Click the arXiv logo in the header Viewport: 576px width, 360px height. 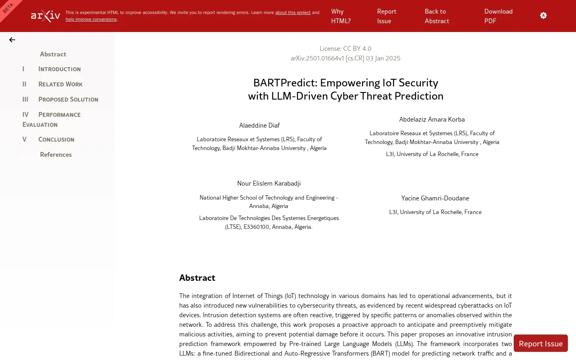[x=46, y=16]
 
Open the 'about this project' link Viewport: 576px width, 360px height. [x=292, y=13]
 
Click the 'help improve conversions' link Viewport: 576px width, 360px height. [x=91, y=20]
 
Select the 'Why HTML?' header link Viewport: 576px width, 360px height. [x=340, y=16]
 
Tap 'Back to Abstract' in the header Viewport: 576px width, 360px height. [x=436, y=16]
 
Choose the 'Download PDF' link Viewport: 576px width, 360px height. [x=498, y=16]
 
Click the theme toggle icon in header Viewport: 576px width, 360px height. [x=543, y=16]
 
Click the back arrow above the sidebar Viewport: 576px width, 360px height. [x=12, y=40]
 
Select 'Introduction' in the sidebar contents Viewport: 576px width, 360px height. [x=59, y=69]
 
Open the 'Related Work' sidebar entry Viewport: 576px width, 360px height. [x=60, y=84]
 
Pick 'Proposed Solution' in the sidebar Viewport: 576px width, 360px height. [x=68, y=100]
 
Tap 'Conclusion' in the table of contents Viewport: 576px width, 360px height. [x=56, y=140]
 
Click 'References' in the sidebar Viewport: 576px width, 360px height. [x=56, y=155]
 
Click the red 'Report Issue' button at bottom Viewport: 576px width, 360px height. [x=540, y=344]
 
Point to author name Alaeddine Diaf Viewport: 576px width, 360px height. [x=259, y=126]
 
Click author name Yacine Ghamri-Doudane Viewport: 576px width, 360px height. [x=435, y=198]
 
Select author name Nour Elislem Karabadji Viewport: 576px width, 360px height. [x=268, y=184]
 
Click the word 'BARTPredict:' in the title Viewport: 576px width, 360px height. [x=285, y=83]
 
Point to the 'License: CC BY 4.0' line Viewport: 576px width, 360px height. [x=345, y=49]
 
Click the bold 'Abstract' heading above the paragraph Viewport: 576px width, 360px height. [x=197, y=278]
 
